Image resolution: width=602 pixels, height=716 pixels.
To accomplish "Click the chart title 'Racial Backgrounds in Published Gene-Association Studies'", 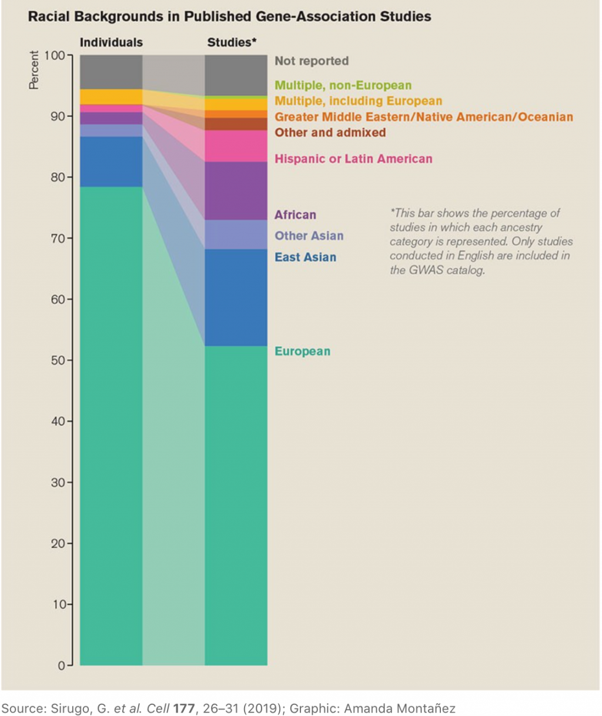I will [229, 16].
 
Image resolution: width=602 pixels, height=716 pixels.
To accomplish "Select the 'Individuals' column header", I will [111, 42].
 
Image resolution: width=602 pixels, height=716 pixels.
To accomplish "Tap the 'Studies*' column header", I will [232, 42].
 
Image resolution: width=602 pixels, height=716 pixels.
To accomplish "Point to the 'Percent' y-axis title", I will [34, 70].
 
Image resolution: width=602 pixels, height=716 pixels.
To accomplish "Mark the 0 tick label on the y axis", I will [61, 665].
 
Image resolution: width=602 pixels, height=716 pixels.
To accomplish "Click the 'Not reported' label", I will [312, 61].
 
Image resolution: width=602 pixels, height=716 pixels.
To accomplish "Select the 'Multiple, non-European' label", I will [343, 85].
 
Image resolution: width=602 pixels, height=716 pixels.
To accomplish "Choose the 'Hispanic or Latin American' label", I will [353, 159].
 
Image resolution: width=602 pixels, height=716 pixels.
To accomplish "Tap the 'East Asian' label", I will [306, 257].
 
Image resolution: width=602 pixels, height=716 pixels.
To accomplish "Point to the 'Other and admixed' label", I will [330, 132].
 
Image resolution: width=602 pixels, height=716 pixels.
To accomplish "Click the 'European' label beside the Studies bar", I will [303, 352].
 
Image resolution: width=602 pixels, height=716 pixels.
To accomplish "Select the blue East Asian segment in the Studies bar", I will [236, 297].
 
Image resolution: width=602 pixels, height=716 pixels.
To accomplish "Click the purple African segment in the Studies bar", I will [236, 190].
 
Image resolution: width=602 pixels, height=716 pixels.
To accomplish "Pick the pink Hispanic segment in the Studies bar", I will [236, 146].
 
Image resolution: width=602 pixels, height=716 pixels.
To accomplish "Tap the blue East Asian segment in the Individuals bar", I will [111, 162].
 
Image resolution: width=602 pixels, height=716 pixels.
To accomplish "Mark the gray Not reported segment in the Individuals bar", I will [111, 72].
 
